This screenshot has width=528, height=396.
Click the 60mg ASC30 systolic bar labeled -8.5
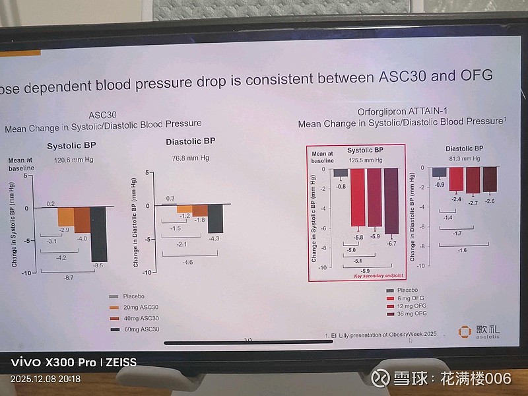coord(98,234)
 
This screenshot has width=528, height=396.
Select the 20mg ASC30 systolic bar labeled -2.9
coord(65,216)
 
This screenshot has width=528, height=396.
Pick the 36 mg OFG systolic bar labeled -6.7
coord(391,201)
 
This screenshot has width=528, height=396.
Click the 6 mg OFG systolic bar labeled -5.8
coord(357,198)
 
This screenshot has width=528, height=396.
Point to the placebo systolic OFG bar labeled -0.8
coord(341,173)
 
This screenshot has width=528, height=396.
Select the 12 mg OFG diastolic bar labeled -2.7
coord(473,180)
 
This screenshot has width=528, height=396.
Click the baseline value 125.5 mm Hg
coord(365,160)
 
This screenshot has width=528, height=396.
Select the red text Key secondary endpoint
coord(374,275)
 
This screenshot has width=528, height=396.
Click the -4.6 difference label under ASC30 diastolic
coord(187,262)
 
